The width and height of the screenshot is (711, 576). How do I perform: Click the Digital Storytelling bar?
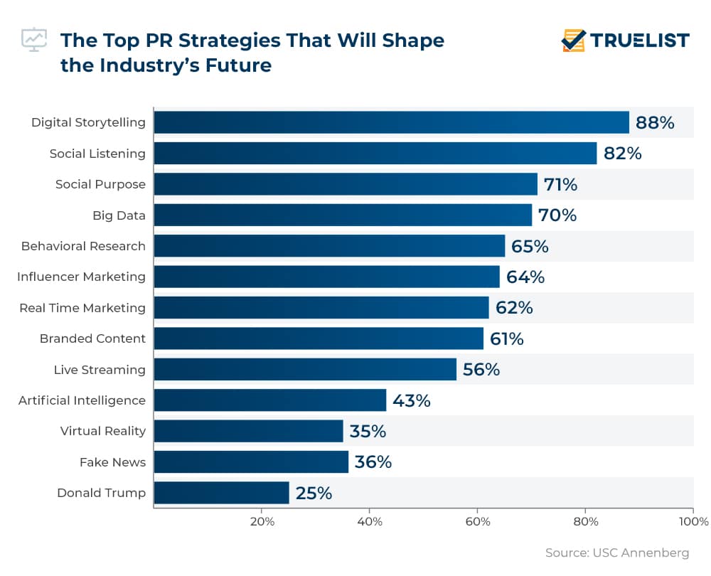391,122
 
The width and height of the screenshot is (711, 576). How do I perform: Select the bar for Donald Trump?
221,493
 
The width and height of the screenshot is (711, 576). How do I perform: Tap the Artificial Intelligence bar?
269,400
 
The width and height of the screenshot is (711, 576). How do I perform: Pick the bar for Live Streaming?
305,369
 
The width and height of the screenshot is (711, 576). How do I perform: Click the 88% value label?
655,123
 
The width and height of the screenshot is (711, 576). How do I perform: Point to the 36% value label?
373,462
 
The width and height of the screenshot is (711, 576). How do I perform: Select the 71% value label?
560,185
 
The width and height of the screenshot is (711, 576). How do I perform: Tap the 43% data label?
412,400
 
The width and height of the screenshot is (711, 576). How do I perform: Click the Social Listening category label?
97,154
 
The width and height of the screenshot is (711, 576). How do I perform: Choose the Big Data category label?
119,215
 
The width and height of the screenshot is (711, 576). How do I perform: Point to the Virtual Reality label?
103,431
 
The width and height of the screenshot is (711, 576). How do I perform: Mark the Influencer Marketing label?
81,277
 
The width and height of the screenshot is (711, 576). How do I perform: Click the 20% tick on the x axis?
262,522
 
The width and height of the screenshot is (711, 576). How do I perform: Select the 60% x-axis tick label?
478,522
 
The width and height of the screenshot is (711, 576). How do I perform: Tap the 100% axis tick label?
693,522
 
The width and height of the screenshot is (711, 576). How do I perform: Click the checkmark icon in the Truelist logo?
573,41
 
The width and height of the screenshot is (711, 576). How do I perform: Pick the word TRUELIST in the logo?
641,41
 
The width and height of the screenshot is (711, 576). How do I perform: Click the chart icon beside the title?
33,40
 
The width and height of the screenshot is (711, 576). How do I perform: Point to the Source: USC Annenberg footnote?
617,553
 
